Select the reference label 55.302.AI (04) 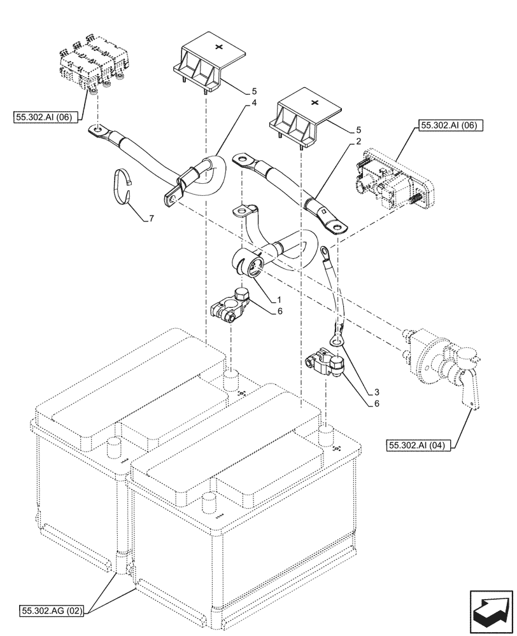pos(418,446)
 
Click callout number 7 pos(151,219)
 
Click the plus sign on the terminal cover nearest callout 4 pos(219,46)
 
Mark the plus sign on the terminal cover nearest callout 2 pos(313,102)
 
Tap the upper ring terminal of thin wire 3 pos(325,252)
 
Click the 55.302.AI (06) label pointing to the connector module pos(451,127)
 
